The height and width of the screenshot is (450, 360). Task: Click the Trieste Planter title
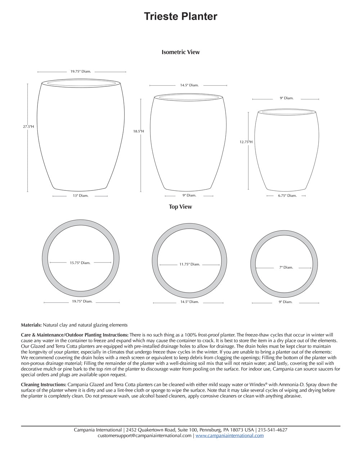(180, 17)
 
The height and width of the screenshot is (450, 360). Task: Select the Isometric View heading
(180, 52)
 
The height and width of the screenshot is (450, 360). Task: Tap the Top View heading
(180, 207)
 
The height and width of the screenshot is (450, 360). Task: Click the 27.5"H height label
(28, 127)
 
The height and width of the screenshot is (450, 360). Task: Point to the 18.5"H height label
(139, 131)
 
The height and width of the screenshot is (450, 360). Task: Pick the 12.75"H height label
(246, 142)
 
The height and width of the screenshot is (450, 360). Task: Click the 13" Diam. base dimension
(80, 196)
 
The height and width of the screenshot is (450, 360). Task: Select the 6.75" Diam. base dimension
(287, 196)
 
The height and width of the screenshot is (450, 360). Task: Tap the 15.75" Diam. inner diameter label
(80, 263)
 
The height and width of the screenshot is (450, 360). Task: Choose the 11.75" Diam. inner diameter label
(189, 264)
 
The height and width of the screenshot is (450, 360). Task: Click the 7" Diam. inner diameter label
(286, 267)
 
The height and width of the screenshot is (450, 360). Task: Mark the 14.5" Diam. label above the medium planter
(189, 85)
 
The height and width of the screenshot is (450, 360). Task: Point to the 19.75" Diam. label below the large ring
(82, 301)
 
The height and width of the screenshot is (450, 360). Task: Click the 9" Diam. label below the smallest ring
(285, 302)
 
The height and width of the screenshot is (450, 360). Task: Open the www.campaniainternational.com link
(229, 436)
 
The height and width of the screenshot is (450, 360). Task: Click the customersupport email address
(144, 436)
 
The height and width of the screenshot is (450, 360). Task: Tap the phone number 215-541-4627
(273, 430)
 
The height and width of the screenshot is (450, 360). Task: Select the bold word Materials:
(31, 325)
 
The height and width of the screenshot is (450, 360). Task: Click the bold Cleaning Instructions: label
(44, 384)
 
